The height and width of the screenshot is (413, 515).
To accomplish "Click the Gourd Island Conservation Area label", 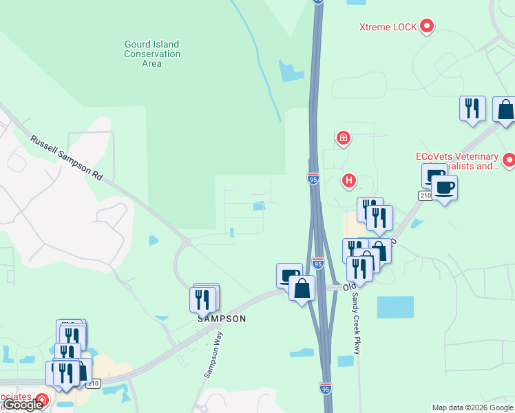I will point(151,54).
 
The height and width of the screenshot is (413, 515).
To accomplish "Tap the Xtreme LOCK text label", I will point(388,28).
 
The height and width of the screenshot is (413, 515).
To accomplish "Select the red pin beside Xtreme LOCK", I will point(427,27).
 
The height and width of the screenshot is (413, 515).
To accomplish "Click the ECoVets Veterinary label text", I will point(457,161).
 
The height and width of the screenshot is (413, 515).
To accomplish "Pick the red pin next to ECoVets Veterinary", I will point(509,160).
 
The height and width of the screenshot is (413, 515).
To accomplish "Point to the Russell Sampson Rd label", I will point(65,158).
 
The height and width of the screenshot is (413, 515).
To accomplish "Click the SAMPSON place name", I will point(222,319).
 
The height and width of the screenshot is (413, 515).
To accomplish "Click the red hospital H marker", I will point(349,181).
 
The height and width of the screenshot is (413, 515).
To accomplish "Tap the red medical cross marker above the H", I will point(343,139).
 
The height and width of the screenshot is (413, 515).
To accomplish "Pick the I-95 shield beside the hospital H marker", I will point(313,179).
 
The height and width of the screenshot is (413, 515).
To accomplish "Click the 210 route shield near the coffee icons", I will point(424,196).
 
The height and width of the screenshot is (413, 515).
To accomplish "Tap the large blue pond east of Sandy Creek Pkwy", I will point(395,307).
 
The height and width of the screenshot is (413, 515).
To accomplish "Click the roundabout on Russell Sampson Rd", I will point(186,242).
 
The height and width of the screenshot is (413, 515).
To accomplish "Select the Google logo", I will point(23,405).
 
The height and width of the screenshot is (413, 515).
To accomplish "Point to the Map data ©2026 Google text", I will point(472,407).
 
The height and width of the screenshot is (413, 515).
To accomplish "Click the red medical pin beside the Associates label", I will point(41,399).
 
